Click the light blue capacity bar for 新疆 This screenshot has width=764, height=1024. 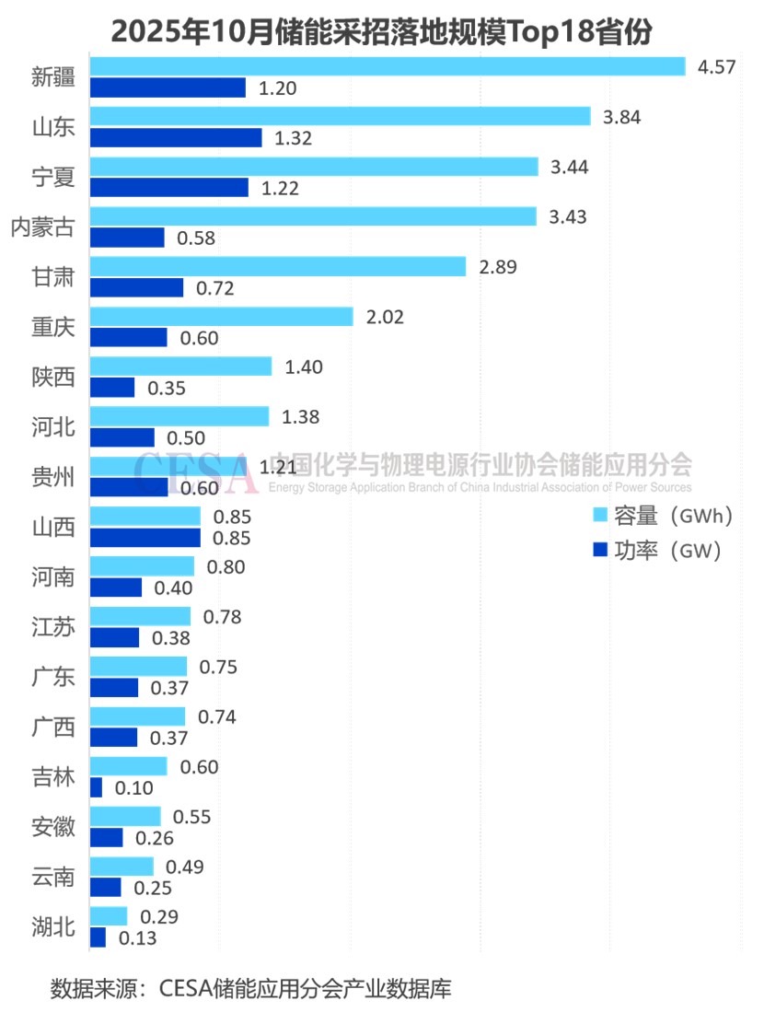(x=388, y=66)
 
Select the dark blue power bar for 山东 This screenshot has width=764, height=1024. (x=176, y=138)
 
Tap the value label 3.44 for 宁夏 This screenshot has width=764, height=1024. (x=570, y=167)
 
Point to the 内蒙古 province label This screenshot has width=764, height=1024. (x=42, y=227)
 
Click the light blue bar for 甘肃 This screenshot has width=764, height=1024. (x=278, y=266)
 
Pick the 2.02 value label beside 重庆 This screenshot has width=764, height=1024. (x=385, y=317)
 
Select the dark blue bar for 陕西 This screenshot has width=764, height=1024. (x=112, y=387)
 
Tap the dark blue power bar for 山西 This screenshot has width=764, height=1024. (x=145, y=537)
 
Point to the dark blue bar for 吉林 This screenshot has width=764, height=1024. (x=97, y=787)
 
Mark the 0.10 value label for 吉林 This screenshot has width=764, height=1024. (x=133, y=788)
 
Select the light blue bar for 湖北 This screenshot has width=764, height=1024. (x=109, y=916)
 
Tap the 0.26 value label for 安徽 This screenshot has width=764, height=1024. (x=155, y=838)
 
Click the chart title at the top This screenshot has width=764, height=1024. (x=381, y=31)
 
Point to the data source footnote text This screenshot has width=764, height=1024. (x=250, y=990)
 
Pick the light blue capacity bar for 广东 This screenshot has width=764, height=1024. (x=139, y=666)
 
